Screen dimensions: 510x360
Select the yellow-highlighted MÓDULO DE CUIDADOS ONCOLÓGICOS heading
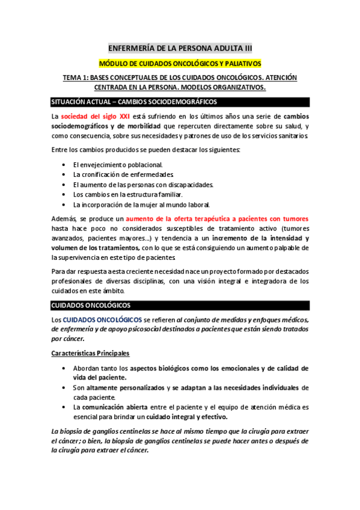[180, 64]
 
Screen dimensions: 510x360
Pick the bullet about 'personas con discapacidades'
[143, 185]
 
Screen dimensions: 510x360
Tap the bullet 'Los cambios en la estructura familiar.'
[128, 195]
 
